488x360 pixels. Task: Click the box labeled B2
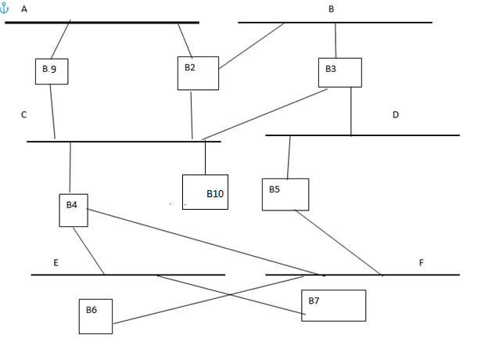coord(198,73)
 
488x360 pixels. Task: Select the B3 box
coord(339,72)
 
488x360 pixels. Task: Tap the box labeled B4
coord(74,210)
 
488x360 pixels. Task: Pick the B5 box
coord(285,194)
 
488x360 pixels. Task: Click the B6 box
coord(95,316)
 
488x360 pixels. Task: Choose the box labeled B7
coord(333,305)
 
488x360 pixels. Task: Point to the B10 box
coord(205,192)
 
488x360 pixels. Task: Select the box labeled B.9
coord(52,71)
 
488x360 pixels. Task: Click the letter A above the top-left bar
coord(24,9)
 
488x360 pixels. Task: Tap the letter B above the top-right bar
coord(332,9)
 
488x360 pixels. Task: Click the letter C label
coord(24,115)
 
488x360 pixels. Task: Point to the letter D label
coord(396,115)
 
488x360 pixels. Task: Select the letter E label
coord(56,263)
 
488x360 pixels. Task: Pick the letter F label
coord(421,263)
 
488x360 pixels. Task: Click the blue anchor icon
coord(5,9)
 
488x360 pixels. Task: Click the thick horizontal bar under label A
coord(102,23)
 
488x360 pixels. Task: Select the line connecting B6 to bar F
coord(207,300)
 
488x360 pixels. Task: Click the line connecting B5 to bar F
coord(338,243)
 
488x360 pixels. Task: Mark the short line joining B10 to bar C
coord(206,158)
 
